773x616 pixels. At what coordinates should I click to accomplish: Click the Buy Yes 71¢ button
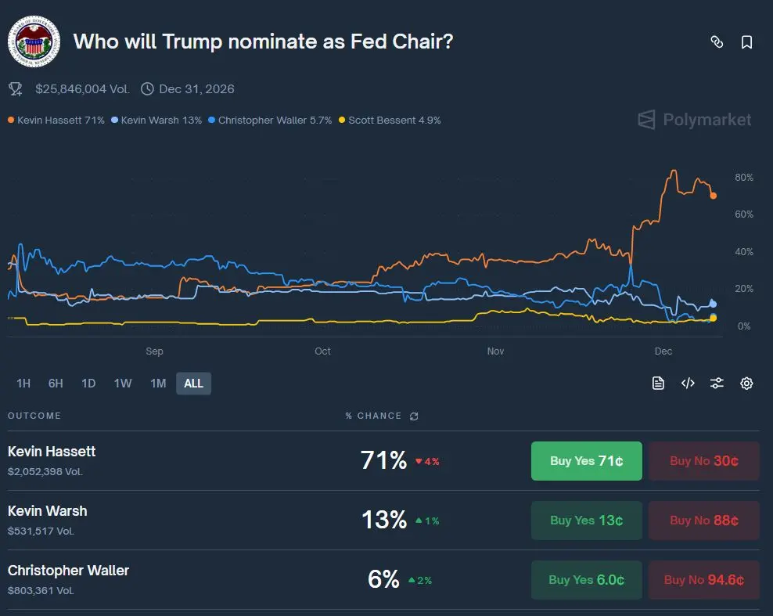click(586, 461)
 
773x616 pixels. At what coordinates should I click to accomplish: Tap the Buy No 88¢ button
click(703, 521)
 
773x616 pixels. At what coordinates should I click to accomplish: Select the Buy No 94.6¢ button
click(703, 580)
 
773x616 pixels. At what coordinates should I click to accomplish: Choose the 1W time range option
click(123, 383)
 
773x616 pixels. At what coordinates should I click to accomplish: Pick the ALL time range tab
click(193, 383)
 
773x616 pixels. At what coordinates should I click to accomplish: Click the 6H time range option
click(56, 383)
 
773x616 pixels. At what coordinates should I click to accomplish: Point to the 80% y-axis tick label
click(744, 178)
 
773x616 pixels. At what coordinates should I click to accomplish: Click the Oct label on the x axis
click(322, 351)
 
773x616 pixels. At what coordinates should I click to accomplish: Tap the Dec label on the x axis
click(663, 351)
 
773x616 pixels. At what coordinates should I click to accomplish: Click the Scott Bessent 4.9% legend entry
click(394, 121)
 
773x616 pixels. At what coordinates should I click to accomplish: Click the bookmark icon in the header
click(746, 42)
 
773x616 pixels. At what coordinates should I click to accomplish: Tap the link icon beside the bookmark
click(717, 42)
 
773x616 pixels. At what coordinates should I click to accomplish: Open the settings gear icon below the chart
click(746, 383)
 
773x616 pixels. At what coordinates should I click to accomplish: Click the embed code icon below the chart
click(688, 383)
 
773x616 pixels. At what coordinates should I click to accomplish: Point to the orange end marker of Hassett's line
click(713, 196)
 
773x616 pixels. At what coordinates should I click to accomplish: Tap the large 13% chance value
click(383, 520)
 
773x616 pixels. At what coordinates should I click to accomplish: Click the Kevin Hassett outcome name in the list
click(52, 452)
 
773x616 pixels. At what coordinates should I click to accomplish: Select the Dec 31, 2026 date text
click(196, 89)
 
